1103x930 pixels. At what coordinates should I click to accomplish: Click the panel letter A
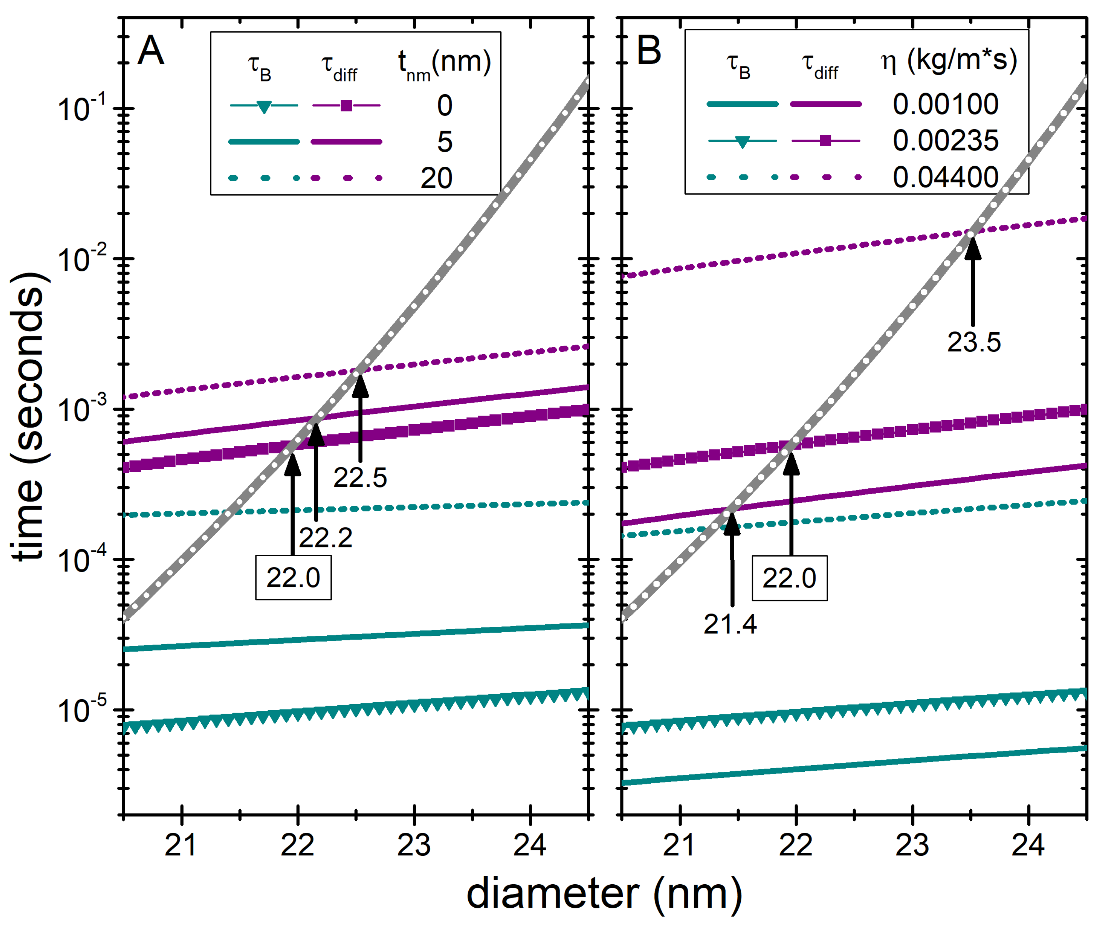tap(151, 51)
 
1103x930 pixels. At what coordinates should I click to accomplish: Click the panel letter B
tap(649, 51)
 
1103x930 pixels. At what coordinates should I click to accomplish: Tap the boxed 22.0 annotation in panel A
tap(293, 578)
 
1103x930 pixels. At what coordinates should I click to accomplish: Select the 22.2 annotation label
tap(325, 538)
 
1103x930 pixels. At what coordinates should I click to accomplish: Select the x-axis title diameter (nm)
tap(604, 894)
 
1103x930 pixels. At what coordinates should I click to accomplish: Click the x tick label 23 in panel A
tap(414, 845)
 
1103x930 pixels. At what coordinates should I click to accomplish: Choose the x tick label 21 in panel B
tap(680, 845)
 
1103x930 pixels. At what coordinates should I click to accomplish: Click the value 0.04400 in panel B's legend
tap(945, 177)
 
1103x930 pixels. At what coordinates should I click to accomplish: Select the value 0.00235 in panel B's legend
tap(945, 141)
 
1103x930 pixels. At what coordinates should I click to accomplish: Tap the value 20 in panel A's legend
tap(436, 178)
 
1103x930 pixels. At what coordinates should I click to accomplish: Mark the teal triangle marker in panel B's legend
tap(742, 142)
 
